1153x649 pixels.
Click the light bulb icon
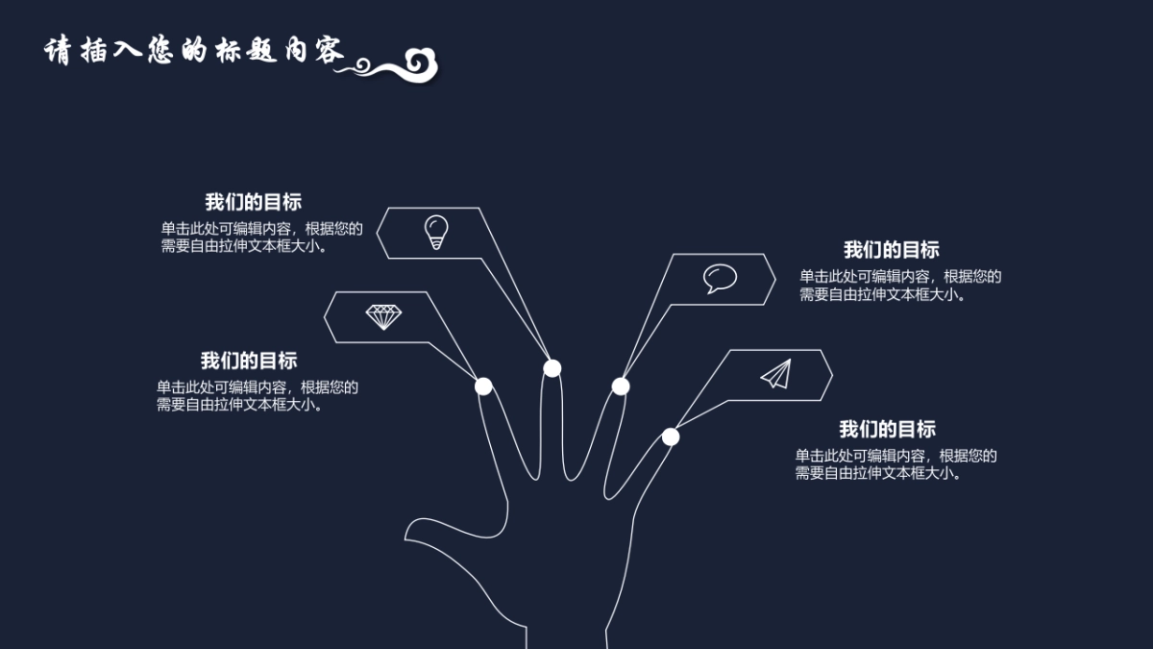tap(436, 233)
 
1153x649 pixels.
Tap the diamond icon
tap(384, 316)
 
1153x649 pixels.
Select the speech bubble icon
tap(719, 279)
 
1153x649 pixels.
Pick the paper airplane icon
tap(776, 374)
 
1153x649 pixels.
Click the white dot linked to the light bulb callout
tap(552, 367)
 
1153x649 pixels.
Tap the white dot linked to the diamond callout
tap(483, 386)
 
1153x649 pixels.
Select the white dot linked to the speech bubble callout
tap(621, 387)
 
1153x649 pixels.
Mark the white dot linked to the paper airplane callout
tap(671, 437)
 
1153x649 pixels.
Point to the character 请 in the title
tap(60, 51)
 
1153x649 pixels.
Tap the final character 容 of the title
tap(326, 51)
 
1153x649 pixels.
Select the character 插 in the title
tap(94, 51)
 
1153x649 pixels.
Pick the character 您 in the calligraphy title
tap(159, 51)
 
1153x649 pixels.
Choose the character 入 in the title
tap(127, 51)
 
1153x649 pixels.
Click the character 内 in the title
tap(294, 51)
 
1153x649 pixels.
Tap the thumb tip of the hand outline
tap(411, 531)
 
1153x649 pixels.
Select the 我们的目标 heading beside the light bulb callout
tap(253, 202)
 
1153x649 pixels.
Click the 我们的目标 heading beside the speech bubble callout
tap(891, 250)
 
